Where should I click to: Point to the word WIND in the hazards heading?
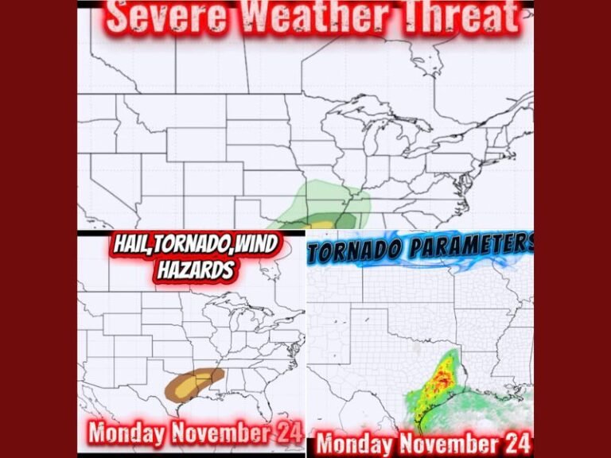click(x=254, y=247)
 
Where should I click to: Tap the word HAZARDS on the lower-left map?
click(x=195, y=270)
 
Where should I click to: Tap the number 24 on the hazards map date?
click(x=287, y=433)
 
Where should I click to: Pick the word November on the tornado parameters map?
click(x=450, y=441)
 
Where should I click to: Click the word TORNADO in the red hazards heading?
click(x=195, y=247)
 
